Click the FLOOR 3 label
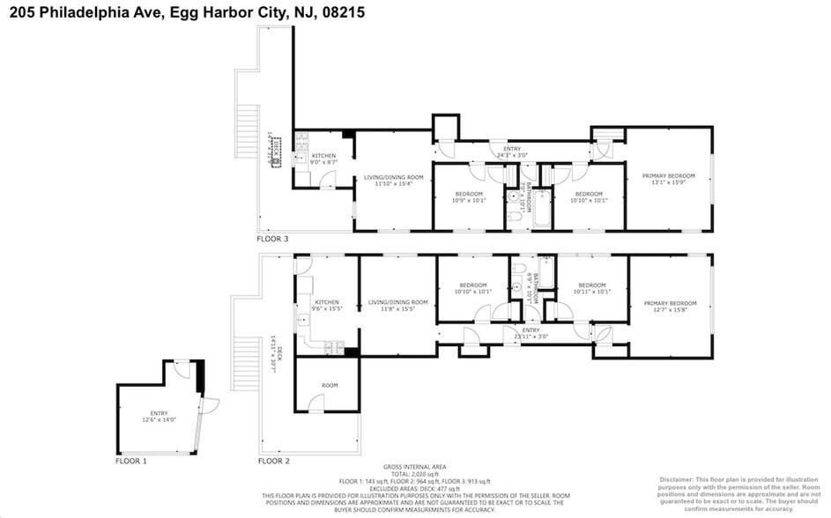pyautogui.click(x=272, y=239)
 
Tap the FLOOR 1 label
pyautogui.click(x=131, y=461)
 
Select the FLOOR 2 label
pyautogui.click(x=272, y=461)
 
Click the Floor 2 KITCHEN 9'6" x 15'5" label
pyautogui.click(x=327, y=306)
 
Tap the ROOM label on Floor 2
pyautogui.click(x=330, y=386)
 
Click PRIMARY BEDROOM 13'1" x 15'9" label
pyautogui.click(x=667, y=180)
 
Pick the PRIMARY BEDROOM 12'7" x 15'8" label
pyautogui.click(x=670, y=306)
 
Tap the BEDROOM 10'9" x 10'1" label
pyautogui.click(x=469, y=196)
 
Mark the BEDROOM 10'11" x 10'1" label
pyautogui.click(x=591, y=288)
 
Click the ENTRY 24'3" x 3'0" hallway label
pyautogui.click(x=512, y=152)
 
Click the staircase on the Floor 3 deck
pyautogui.click(x=248, y=133)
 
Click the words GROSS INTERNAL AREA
pyautogui.click(x=414, y=466)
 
